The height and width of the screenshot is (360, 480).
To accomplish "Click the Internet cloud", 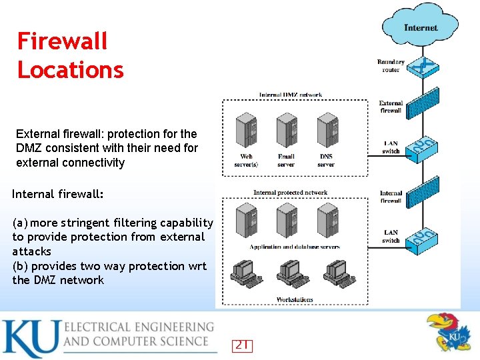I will [420, 27].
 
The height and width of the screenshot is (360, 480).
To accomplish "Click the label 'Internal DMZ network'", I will [291, 95].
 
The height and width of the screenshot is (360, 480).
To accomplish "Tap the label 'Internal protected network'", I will [290, 193].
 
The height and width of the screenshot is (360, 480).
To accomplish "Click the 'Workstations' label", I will [294, 299].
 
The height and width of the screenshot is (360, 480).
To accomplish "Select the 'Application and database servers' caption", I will [295, 247].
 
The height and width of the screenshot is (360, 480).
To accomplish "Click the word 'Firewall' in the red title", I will [62, 41].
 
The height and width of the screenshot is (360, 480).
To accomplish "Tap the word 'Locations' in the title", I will [71, 70].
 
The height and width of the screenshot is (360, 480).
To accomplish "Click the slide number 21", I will [241, 345].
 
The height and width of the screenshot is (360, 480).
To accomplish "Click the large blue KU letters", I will [30, 339].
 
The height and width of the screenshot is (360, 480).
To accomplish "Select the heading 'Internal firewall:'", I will [58, 194].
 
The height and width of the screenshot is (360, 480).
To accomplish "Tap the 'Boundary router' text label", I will [391, 66].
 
